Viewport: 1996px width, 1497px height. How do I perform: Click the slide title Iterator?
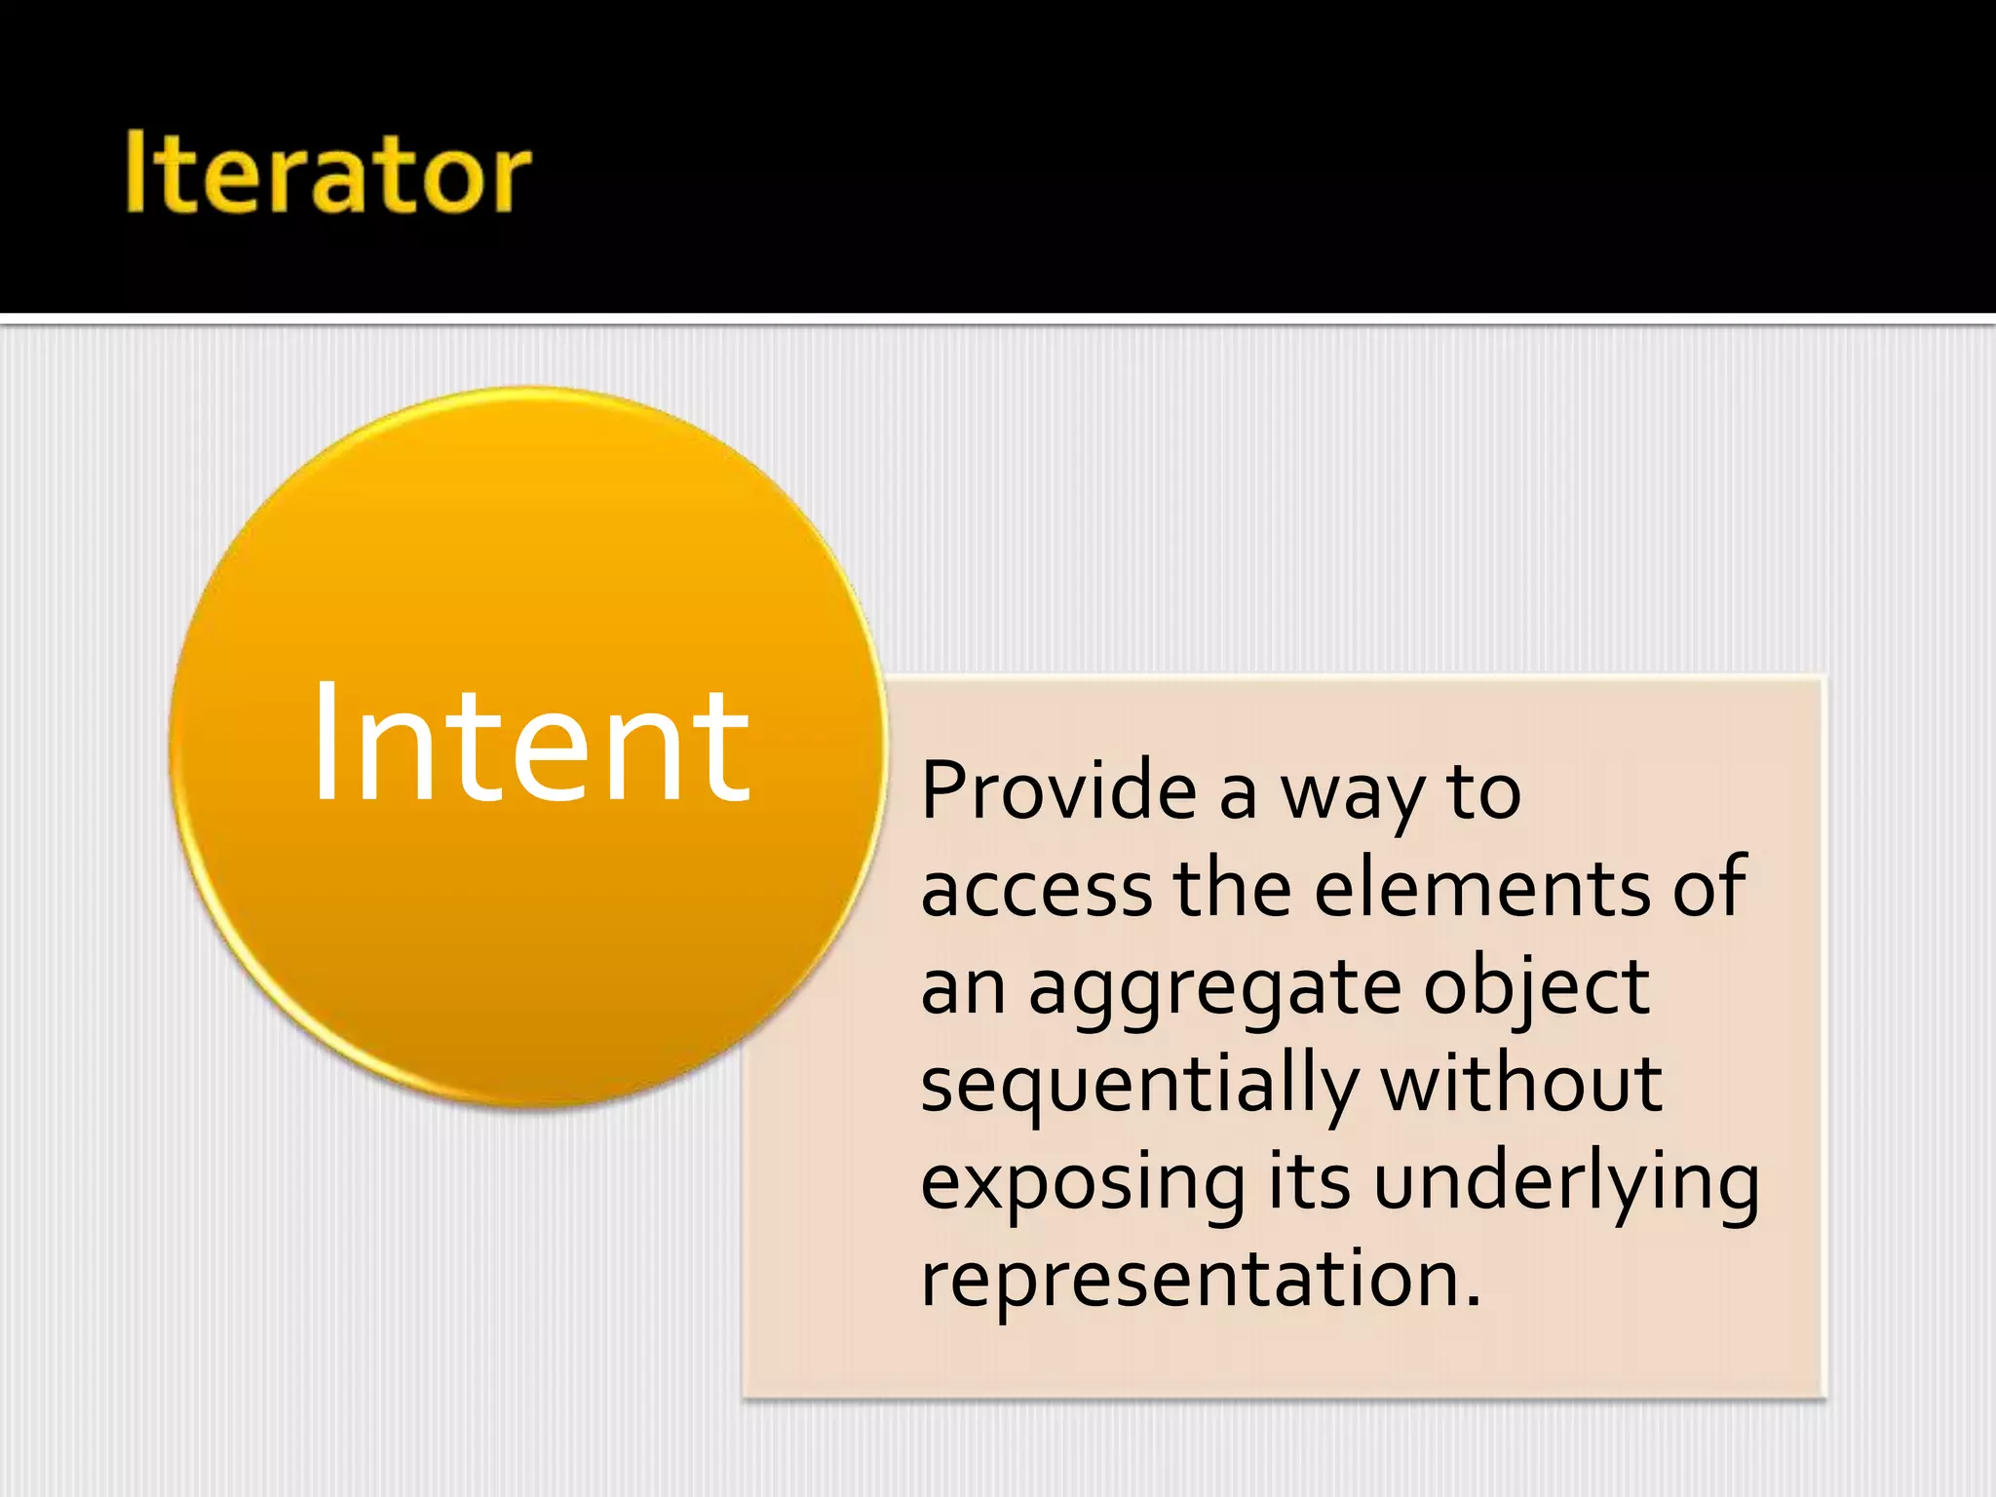pos(327,173)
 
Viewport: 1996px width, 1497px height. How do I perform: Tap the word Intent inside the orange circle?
pos(531,746)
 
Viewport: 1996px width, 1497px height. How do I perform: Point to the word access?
pos(1037,889)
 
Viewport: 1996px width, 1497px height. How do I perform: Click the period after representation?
pos(1473,1302)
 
